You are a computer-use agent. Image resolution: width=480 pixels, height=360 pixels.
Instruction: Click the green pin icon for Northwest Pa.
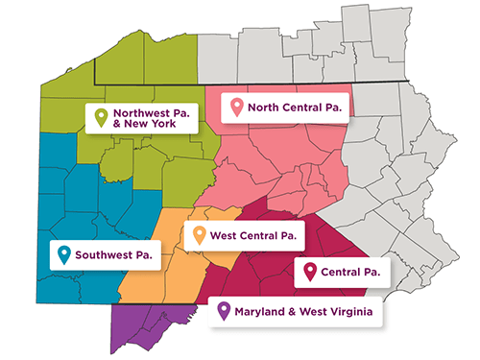[x=100, y=118]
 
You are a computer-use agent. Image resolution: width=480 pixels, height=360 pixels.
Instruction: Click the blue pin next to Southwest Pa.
[x=63, y=254]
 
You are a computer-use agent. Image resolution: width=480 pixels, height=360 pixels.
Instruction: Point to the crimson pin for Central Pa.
[x=310, y=273]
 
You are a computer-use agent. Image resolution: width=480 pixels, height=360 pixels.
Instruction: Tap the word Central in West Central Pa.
[x=268, y=234]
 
